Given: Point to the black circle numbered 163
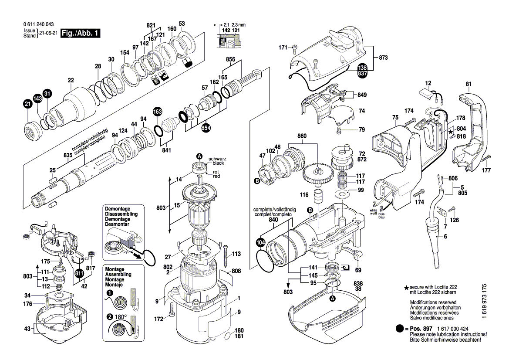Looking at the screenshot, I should pyautogui.click(x=157, y=112).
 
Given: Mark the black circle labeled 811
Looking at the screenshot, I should pyautogui.click(x=79, y=273).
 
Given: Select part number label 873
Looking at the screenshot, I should pyautogui.click(x=383, y=58).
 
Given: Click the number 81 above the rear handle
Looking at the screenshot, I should pyautogui.click(x=469, y=84).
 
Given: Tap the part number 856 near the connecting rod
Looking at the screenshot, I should pyautogui.click(x=230, y=59).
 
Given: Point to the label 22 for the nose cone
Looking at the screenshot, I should pyautogui.click(x=71, y=80).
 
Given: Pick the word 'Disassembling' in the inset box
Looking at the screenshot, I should pyautogui.click(x=121, y=214).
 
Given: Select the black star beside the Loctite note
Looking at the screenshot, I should pyautogui.click(x=407, y=288).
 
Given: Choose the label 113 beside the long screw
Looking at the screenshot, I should pyautogui.click(x=236, y=254).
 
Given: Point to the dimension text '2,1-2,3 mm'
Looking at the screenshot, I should pyautogui.click(x=235, y=25).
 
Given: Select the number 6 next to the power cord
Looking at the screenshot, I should pyautogui.click(x=445, y=237).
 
